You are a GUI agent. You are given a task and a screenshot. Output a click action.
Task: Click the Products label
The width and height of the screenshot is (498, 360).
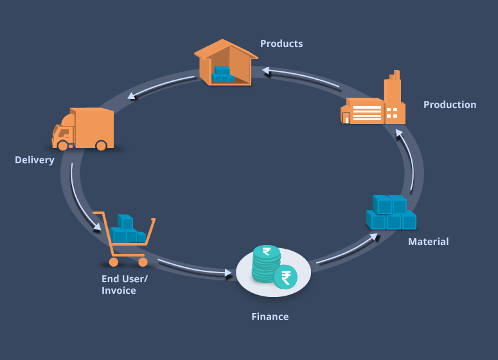point(281,44)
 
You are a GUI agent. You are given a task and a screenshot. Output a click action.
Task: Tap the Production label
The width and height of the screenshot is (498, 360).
point(450,105)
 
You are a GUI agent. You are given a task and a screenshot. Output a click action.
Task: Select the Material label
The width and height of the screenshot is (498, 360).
point(429,242)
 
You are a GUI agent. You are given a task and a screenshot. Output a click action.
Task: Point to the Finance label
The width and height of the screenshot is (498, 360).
point(270,316)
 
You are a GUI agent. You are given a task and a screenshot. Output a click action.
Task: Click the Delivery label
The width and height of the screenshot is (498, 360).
point(35,159)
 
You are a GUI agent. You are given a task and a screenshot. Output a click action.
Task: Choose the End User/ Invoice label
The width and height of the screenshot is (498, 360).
point(124,284)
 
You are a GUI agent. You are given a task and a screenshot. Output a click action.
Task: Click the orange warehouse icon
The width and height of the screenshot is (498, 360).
point(225,62)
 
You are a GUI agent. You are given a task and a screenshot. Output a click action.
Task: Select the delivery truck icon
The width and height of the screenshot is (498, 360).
point(84,129)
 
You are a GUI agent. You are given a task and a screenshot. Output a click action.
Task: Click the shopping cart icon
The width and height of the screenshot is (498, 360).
point(125,238)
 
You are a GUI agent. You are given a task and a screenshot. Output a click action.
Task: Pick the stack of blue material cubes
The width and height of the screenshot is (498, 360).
point(391,213)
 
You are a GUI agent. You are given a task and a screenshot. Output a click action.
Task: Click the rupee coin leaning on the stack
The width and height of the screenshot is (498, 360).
point(285,277)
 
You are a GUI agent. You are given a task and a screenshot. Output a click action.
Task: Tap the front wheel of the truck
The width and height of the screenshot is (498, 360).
point(62,145)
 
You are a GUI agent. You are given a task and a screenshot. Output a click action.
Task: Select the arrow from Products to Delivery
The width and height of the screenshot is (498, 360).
point(161,86)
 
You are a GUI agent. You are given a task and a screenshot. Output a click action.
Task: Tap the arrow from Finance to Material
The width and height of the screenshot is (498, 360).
point(347,249)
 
